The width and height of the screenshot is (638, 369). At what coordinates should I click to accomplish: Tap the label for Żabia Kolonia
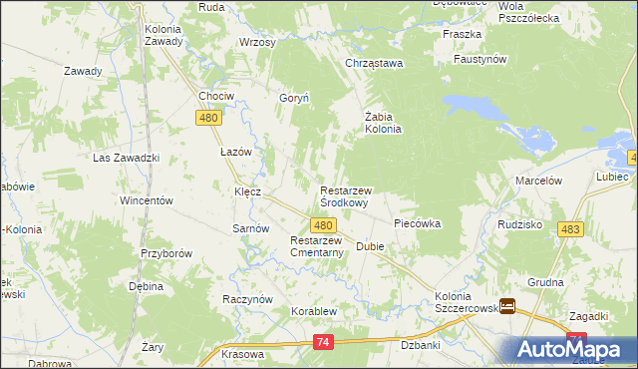382,122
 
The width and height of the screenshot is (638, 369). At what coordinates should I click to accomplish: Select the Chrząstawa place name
373,64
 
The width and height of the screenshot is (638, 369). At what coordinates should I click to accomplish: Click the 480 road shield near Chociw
208,118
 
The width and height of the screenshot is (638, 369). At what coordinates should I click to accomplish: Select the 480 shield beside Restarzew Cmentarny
322,226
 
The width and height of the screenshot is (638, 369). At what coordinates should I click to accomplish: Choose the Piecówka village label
417,223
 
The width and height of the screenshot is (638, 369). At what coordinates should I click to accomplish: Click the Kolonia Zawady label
162,36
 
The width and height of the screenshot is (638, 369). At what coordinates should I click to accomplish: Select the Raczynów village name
246,298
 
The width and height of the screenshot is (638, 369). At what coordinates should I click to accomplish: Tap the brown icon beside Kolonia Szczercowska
507,306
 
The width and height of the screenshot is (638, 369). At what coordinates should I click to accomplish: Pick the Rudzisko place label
518,224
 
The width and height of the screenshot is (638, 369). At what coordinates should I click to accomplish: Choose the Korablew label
316,311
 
